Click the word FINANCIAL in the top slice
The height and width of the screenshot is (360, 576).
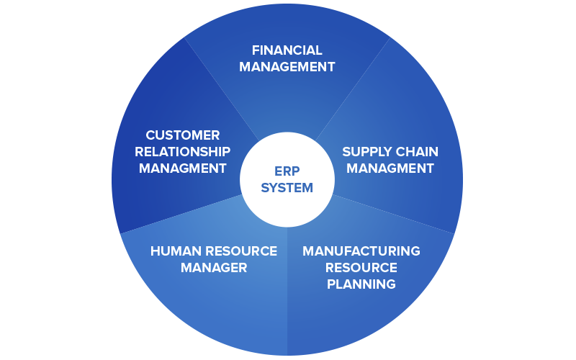(287, 50)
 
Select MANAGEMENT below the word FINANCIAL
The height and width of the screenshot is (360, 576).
(287, 67)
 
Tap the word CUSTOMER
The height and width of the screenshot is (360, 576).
(183, 135)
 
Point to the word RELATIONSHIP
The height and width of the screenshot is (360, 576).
(183, 152)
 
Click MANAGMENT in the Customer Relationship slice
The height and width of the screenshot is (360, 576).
(183, 168)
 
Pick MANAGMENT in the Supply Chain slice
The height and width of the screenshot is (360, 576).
(390, 168)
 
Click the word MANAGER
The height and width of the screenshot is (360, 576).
(214, 268)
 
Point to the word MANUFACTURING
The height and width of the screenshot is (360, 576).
(361, 251)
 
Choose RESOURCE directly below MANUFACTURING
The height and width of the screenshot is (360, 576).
(361, 268)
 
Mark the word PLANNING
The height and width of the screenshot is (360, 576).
(361, 284)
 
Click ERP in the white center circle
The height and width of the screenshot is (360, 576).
(287, 171)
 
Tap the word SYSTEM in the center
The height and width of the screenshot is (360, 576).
(287, 188)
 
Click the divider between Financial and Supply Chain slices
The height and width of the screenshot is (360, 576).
(353, 89)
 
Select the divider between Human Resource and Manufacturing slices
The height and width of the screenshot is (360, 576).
(287, 292)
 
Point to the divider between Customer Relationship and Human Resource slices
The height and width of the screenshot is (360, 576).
(181, 214)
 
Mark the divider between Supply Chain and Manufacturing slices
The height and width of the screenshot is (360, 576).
(393, 214)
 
